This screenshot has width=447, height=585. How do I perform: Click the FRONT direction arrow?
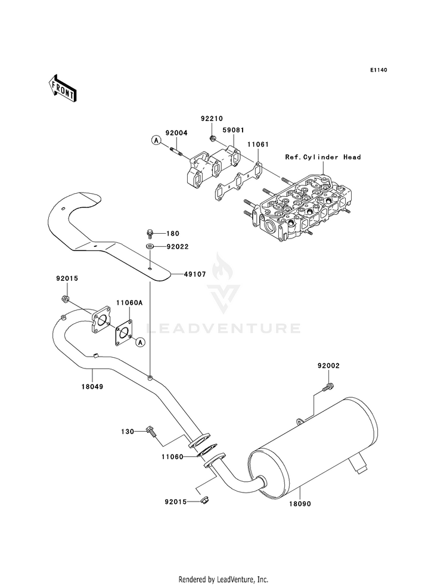point(62,88)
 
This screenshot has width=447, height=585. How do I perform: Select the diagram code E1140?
point(378,70)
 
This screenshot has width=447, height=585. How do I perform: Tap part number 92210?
point(212,119)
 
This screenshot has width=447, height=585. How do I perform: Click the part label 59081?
point(233,130)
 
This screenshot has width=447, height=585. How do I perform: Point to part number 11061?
point(257,144)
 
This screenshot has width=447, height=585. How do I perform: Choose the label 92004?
point(176,133)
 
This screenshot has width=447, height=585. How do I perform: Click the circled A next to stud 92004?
point(156,140)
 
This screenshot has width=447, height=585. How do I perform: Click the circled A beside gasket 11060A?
point(140,341)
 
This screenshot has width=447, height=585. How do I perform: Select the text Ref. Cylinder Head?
point(323,157)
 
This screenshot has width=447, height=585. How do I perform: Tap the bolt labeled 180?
point(149,234)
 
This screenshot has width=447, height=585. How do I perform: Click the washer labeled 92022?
point(149,246)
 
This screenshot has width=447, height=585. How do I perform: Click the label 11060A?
point(129,303)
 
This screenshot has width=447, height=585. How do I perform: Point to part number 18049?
point(92,387)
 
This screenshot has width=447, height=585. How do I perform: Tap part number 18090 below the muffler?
point(299,504)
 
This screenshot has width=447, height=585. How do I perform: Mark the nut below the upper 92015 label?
point(65,299)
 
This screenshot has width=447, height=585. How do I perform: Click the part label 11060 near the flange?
point(173,456)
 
